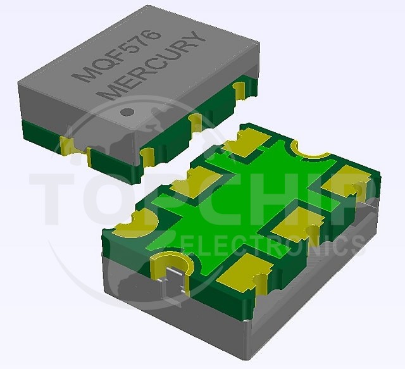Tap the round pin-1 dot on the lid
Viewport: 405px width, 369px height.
(x=127, y=111)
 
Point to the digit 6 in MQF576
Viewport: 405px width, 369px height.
(x=154, y=35)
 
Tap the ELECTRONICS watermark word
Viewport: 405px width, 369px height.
(x=274, y=244)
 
